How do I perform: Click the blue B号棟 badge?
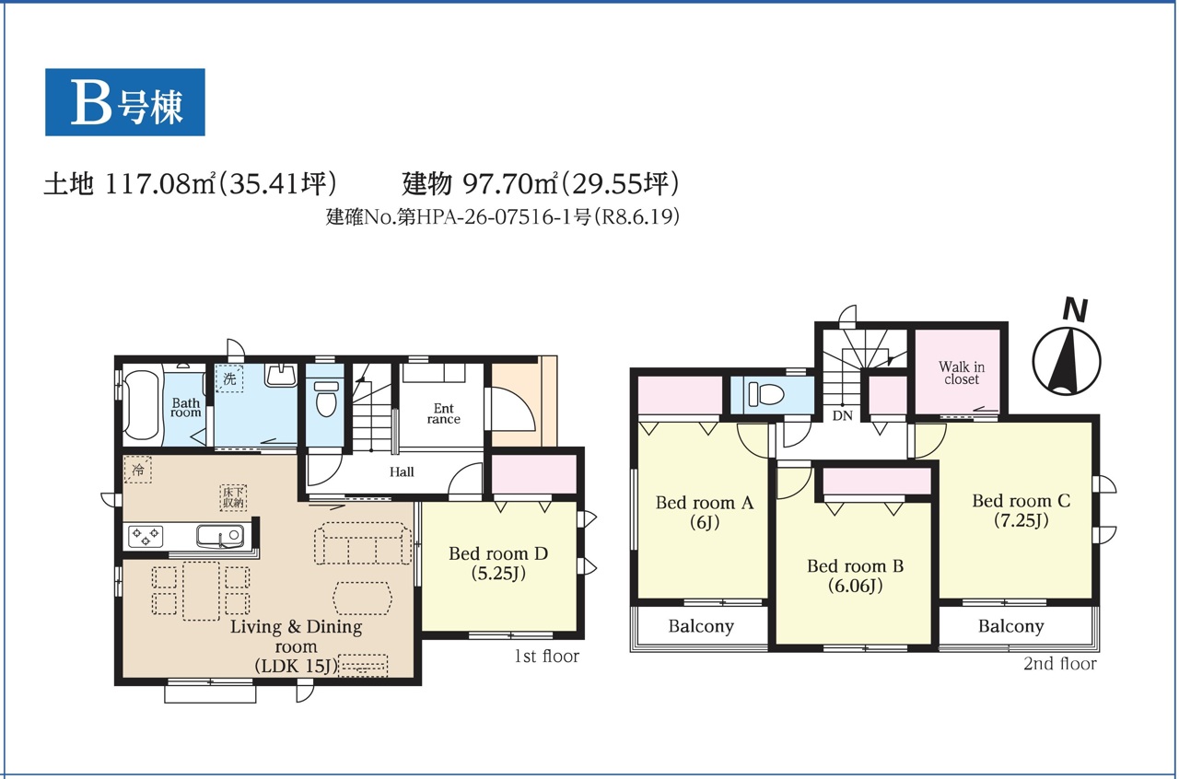tap(124, 102)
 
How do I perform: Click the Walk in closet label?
tap(961, 373)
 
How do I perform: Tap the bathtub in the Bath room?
tap(141, 405)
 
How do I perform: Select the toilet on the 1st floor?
tap(326, 399)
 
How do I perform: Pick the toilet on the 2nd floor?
tap(765, 394)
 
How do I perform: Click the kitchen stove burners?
tap(146, 536)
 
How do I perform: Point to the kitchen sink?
tap(220, 536)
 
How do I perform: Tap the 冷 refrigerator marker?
tap(138, 470)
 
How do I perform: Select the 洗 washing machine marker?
tap(229, 378)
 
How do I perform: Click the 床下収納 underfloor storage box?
tap(233, 497)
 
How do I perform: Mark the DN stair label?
tap(842, 416)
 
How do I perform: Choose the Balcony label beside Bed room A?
tap(701, 626)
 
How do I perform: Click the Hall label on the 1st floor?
tap(402, 471)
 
